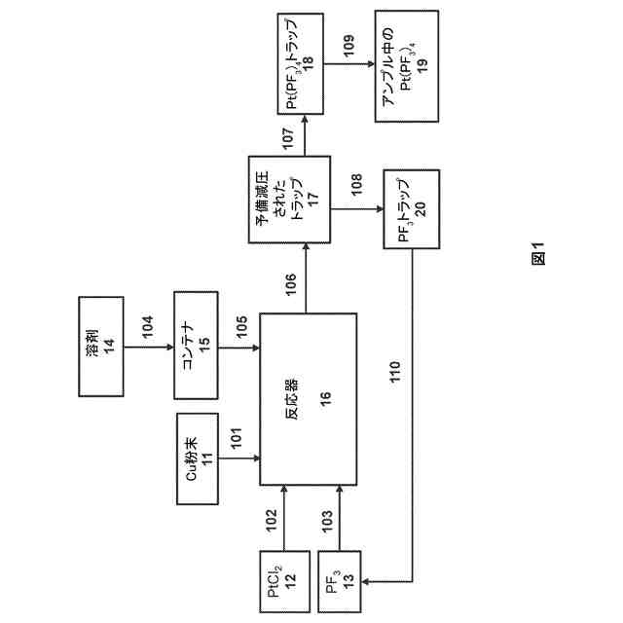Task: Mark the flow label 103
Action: pyautogui.click(x=328, y=519)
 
